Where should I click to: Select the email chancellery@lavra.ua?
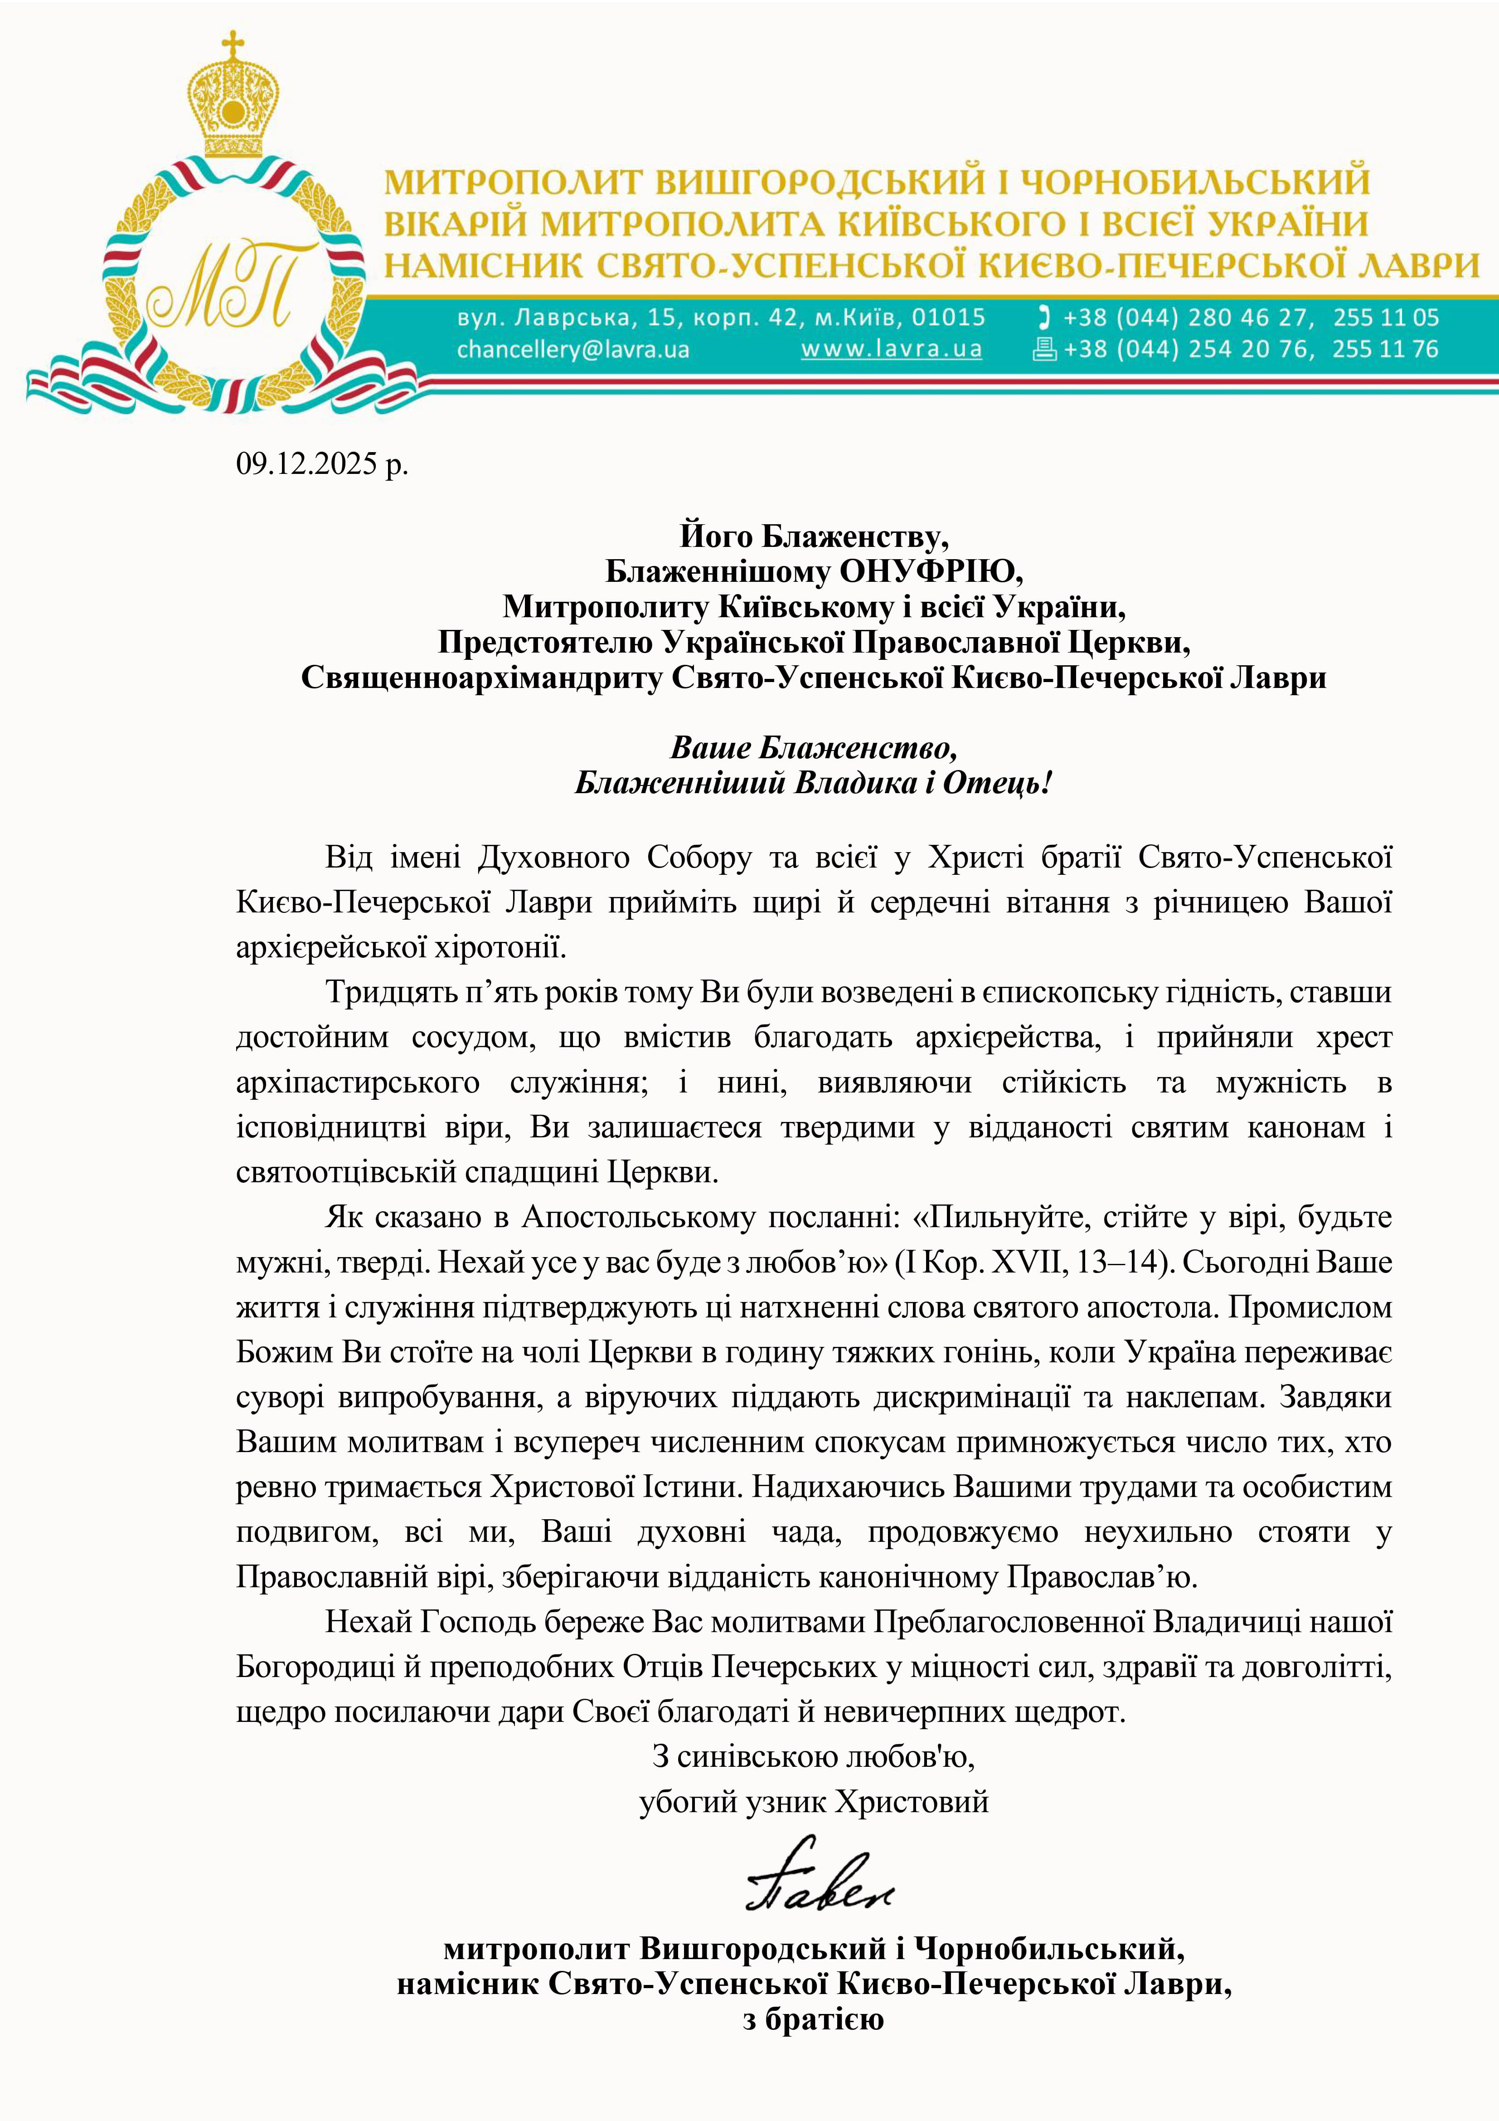tap(572, 349)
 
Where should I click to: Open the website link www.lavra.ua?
tap(890, 349)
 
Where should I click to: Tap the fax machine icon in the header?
tap(1043, 349)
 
